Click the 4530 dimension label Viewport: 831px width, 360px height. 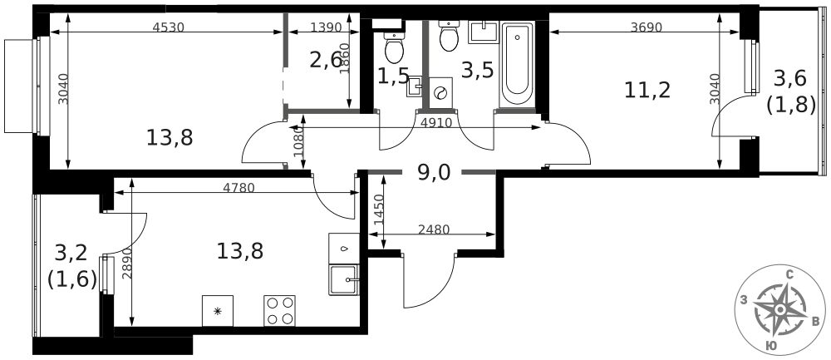(168, 27)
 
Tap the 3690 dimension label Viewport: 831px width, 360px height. (647, 27)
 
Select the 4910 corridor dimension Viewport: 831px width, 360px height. (436, 124)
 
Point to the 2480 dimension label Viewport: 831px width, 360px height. (434, 229)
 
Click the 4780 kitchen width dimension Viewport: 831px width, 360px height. (239, 187)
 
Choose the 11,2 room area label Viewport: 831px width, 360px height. (647, 90)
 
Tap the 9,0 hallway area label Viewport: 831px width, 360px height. (434, 172)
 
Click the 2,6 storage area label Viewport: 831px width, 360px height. (326, 61)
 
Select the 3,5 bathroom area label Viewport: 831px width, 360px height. (477, 70)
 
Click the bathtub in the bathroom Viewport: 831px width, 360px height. (516, 64)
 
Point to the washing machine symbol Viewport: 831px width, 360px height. (440, 93)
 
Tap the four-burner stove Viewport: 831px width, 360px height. (279, 311)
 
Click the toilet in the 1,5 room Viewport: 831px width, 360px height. (394, 47)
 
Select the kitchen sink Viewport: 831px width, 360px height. (343, 279)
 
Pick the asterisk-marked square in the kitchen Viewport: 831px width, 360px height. (217, 311)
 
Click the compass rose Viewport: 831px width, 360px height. (780, 309)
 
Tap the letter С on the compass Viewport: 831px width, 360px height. (789, 274)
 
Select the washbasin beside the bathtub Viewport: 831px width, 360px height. (484, 32)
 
